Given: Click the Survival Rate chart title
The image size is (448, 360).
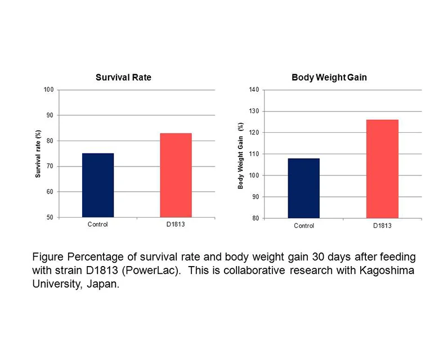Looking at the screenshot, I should click(x=123, y=78).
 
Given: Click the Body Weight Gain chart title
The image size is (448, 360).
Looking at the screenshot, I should click(x=329, y=78).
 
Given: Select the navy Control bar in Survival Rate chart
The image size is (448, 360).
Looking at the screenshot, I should click(x=98, y=185).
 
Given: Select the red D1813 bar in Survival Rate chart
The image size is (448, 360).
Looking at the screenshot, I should click(x=176, y=175).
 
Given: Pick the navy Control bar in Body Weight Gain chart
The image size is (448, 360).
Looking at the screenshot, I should click(x=303, y=188).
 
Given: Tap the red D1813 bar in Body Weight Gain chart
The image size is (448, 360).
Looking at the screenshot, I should click(x=382, y=169).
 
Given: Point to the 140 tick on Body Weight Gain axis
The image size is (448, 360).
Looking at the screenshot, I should click(x=253, y=90).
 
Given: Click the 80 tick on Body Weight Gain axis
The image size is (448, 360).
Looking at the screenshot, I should click(x=255, y=218).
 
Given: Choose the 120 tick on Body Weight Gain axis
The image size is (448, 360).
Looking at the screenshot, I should click(x=253, y=133).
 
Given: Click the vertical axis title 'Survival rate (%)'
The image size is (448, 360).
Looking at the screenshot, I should click(x=38, y=154).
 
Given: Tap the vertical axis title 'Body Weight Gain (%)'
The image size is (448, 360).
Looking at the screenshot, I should click(x=240, y=156).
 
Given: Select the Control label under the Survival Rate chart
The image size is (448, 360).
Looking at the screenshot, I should click(x=98, y=224).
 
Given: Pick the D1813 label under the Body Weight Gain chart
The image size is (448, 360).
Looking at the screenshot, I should click(x=382, y=226).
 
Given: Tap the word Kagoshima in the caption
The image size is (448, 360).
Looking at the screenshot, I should click(x=386, y=271).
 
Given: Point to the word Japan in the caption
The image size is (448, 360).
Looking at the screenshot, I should click(x=103, y=284).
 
